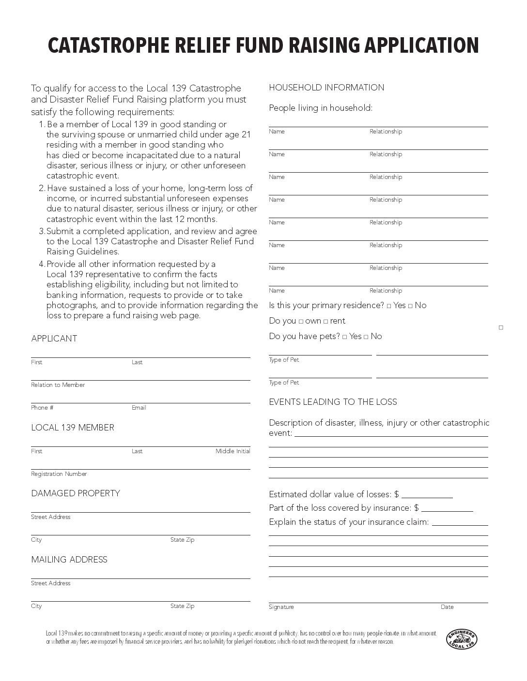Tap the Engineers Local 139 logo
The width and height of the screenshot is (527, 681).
coord(461,639)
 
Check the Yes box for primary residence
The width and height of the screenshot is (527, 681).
coord(389,306)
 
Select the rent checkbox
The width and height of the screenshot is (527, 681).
coord(325,321)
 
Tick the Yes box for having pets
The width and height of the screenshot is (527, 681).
coord(344,337)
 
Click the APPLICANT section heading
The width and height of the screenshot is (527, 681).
coord(54,339)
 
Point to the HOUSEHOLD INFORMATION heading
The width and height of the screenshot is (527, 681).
coord(326,88)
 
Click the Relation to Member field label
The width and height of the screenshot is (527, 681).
coord(58,385)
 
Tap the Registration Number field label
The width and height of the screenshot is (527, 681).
coord(59,474)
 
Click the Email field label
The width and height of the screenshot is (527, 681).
coord(139,408)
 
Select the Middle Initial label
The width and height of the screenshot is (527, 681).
coord(233,451)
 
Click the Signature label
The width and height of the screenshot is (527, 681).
coord(281,607)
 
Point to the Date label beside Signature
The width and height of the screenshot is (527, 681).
coord(447,607)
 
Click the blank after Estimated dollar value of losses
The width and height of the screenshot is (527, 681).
coord(427,494)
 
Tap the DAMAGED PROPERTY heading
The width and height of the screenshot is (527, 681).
coord(76,493)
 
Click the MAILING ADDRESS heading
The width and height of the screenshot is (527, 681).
coord(69,560)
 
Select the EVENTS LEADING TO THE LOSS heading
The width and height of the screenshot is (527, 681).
coord(333,402)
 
